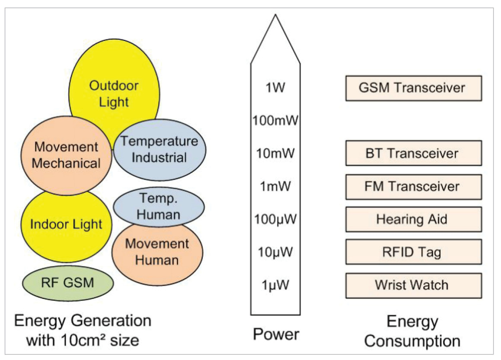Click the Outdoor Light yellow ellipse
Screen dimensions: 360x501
pos(115,93)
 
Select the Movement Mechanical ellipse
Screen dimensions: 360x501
pos(67,155)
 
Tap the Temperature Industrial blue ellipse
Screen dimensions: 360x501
pos(160,149)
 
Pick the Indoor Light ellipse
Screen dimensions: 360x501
pos(67,225)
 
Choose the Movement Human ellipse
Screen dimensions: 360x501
pos(157,251)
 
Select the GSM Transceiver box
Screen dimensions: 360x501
pos(413,88)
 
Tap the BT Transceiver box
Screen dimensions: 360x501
pos(413,153)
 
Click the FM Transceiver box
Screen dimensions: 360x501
pos(413,186)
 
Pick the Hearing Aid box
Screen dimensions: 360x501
pos(413,219)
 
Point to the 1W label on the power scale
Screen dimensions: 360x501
pos(275,88)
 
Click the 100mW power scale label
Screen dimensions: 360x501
pos(275,120)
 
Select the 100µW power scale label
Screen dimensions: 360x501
pos(275,219)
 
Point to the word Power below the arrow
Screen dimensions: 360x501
pos(276,334)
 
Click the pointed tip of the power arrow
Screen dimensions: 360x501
pos(275,16)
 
